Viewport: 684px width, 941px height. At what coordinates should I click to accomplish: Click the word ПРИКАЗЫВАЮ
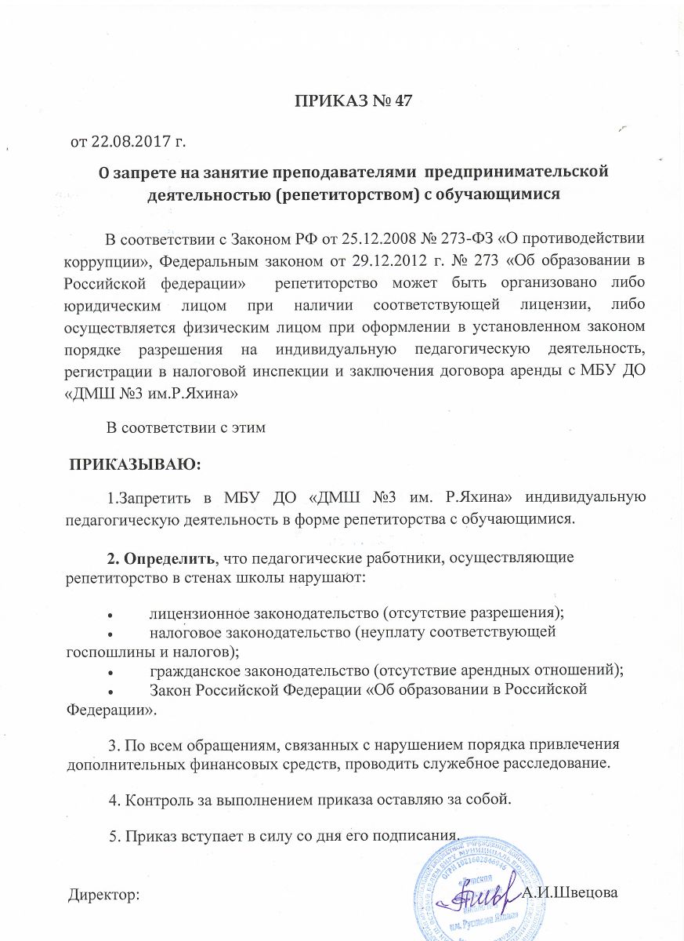(136, 465)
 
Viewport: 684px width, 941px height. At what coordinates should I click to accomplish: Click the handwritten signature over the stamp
(475, 892)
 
